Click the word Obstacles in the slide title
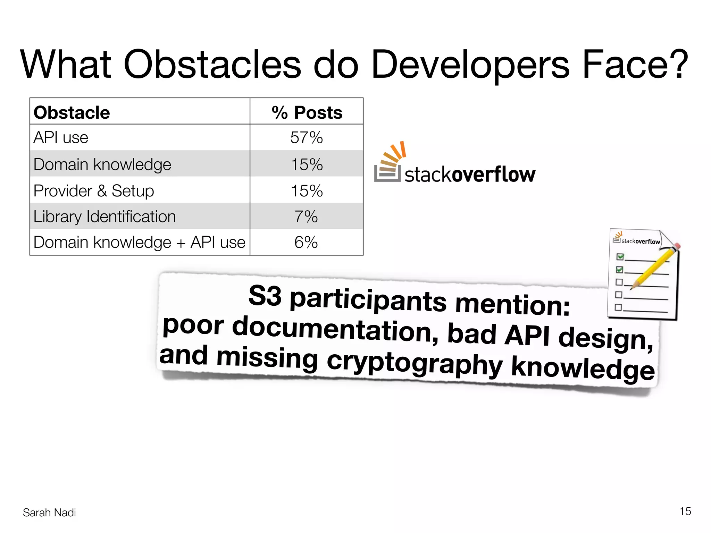point(212,65)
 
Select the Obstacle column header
point(72,112)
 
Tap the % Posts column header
point(307,112)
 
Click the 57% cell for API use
point(307,138)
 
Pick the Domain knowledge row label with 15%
point(102,164)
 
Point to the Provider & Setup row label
point(94,191)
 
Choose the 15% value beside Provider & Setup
point(307,191)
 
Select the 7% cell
point(306,217)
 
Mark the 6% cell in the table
point(306,242)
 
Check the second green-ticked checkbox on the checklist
point(619,270)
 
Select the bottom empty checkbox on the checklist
point(618,307)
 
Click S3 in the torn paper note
point(265,296)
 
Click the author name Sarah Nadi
point(49,513)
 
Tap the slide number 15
point(685,511)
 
